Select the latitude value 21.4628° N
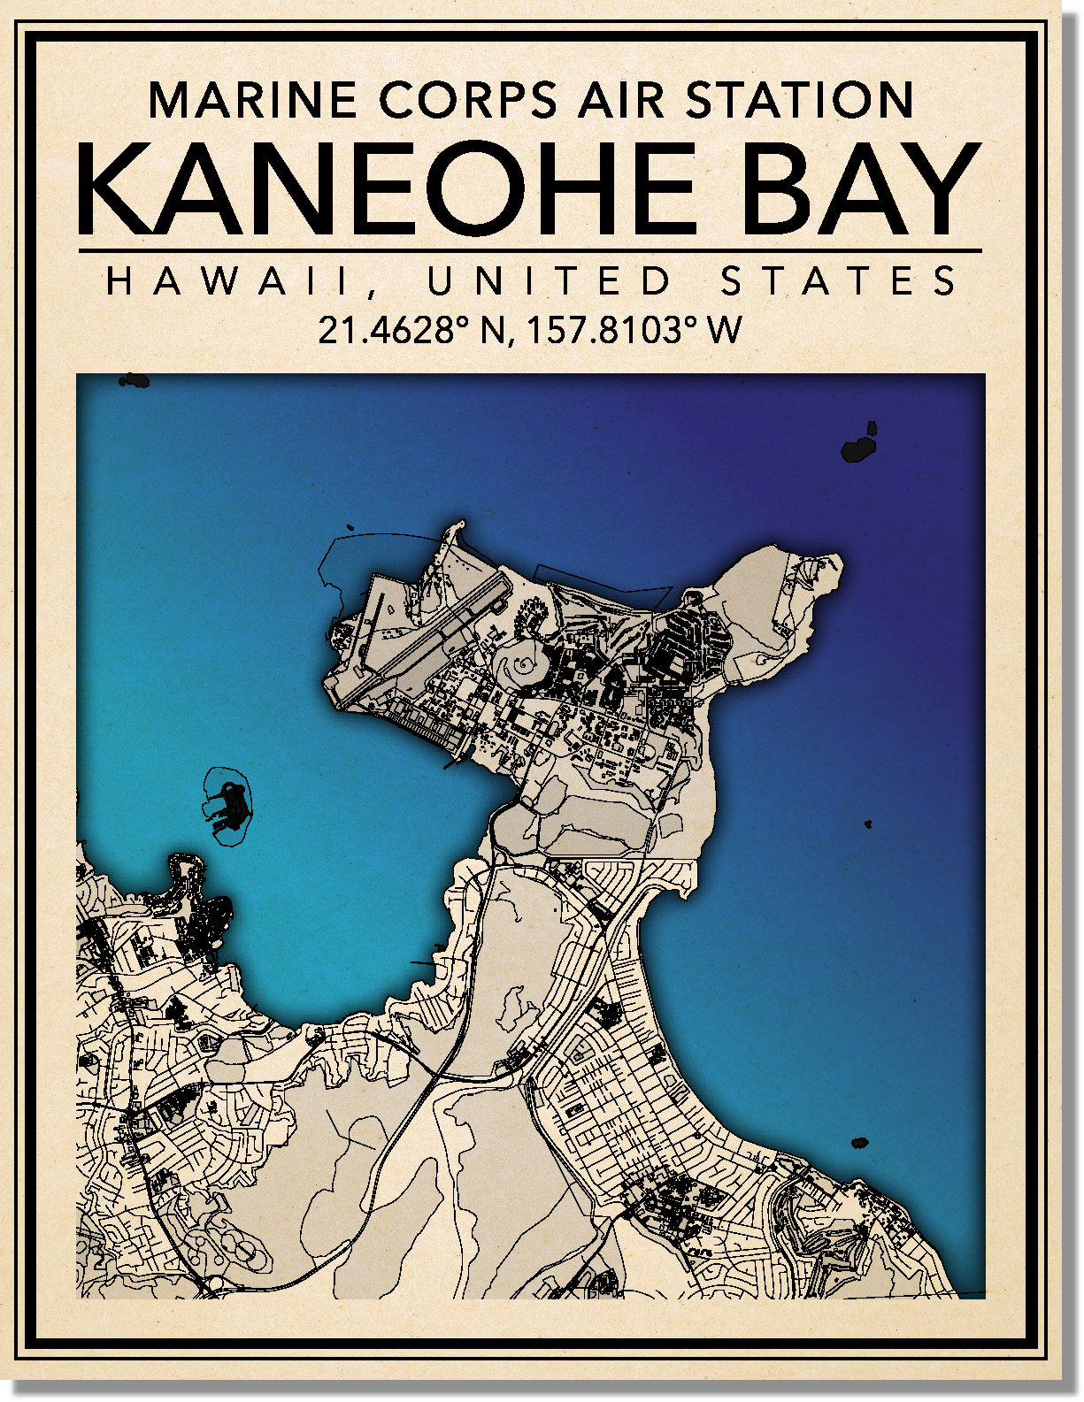click(411, 331)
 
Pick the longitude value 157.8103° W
click(634, 331)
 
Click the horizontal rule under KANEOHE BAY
click(531, 251)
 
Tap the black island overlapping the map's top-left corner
click(134, 380)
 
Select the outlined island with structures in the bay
click(228, 807)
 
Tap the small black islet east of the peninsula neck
click(868, 824)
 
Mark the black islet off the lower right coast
click(858, 1143)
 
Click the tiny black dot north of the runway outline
click(350, 529)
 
